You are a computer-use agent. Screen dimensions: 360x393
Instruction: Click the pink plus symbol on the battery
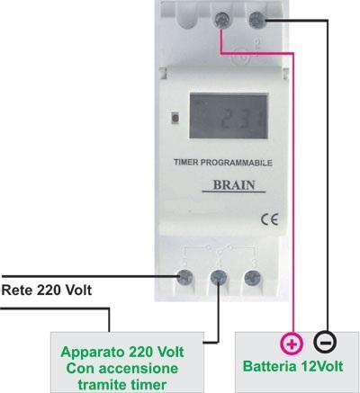292,344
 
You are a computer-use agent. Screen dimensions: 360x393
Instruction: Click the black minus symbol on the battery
325,342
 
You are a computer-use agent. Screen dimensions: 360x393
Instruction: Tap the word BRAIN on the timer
234,185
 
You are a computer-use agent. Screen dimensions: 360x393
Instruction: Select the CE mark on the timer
269,219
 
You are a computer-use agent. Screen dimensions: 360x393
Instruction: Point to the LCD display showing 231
229,116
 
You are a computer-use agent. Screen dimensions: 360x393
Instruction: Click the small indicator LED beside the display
175,118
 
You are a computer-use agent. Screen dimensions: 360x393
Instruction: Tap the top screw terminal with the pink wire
223,20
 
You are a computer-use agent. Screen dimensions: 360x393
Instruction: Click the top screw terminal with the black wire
257,20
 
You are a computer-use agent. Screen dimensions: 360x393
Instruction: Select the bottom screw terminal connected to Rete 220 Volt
184,277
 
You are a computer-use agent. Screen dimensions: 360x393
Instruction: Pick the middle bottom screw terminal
219,277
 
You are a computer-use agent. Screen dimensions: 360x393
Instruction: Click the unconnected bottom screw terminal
252,278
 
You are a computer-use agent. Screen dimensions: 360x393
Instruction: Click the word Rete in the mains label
17,290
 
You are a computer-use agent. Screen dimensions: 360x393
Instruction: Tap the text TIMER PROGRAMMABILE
223,163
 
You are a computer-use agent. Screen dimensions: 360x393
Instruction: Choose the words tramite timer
122,384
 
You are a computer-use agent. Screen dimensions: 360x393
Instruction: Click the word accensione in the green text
139,369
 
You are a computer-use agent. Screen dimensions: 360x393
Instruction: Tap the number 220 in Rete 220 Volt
49,290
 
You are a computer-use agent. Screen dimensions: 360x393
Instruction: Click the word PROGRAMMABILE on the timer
237,163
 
